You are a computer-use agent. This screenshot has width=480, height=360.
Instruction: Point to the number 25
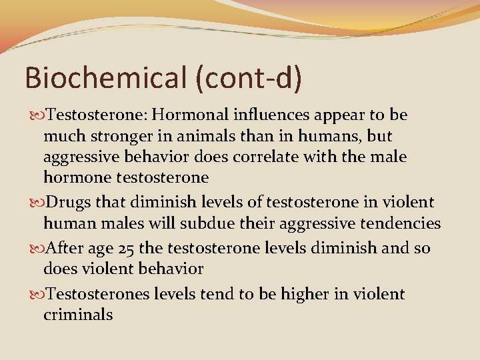(125, 249)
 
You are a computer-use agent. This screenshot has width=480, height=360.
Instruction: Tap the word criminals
(77, 315)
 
